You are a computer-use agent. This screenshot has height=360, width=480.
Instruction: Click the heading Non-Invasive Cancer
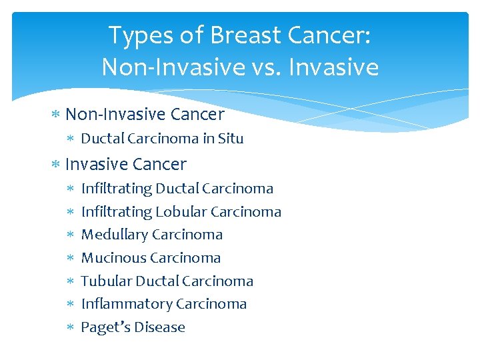pyautogui.click(x=145, y=115)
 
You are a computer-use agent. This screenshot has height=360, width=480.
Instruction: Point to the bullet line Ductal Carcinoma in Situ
pyautogui.click(x=162, y=139)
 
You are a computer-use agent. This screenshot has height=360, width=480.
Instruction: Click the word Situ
pyautogui.click(x=231, y=139)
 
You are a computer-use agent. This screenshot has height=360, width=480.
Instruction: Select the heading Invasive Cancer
pyautogui.click(x=126, y=164)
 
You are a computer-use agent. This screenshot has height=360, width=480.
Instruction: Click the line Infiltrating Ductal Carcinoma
pyautogui.click(x=177, y=189)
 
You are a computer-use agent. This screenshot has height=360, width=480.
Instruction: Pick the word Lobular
pyautogui.click(x=181, y=212)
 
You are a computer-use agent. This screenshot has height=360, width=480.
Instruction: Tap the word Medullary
pyautogui.click(x=114, y=235)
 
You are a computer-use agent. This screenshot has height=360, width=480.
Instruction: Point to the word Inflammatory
pyautogui.click(x=117, y=304)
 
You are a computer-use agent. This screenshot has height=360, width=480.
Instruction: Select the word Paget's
pyautogui.click(x=102, y=327)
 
